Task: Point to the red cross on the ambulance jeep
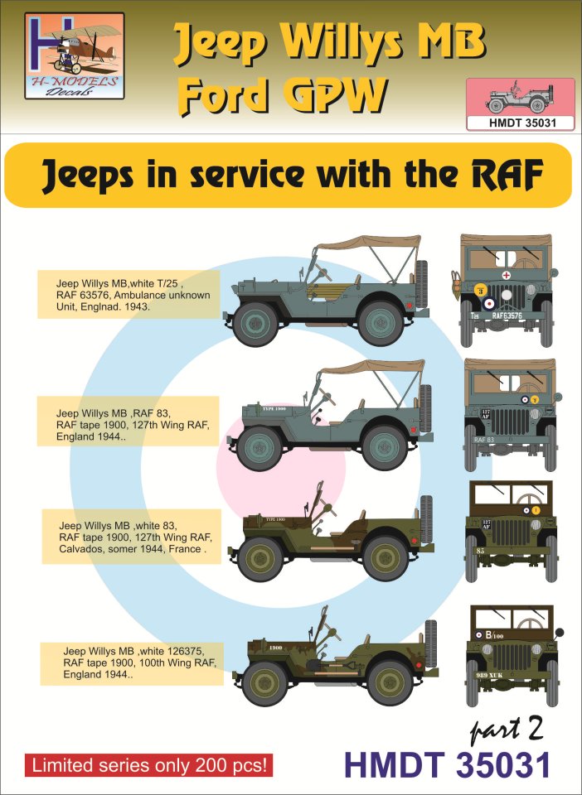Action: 507,274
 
